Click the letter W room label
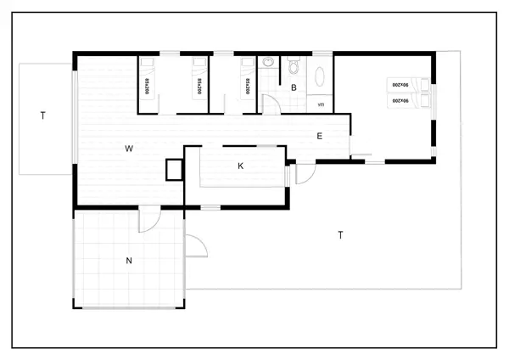pos(129,149)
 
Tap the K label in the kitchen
pos(241,166)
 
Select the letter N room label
pos(129,261)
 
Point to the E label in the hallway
pos(320,136)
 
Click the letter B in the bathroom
pos(294,87)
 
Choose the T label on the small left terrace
pos(42,115)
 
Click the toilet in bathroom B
pos(294,65)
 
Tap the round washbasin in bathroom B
pos(268,62)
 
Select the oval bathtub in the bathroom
pos(322,78)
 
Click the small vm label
pos(321,104)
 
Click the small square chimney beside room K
pos(174,169)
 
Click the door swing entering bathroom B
pos(271,104)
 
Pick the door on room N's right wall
pos(196,247)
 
